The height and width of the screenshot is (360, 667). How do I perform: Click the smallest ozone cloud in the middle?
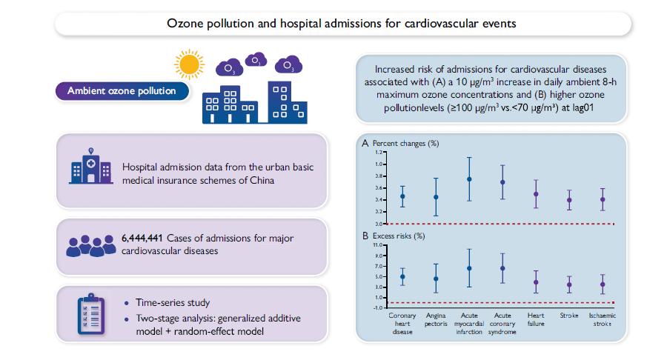[x=256, y=60]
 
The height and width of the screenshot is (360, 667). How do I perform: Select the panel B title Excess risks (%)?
[x=398, y=236]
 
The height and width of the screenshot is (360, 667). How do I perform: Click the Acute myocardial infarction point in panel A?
[x=469, y=179]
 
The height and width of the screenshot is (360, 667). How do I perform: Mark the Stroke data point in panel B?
[x=569, y=284]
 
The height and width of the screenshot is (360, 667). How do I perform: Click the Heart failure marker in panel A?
[x=536, y=194]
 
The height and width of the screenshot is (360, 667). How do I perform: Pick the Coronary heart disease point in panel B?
[x=402, y=277]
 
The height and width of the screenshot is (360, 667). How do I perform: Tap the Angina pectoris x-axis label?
[x=436, y=321]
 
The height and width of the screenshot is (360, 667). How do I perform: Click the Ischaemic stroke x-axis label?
[x=603, y=321]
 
